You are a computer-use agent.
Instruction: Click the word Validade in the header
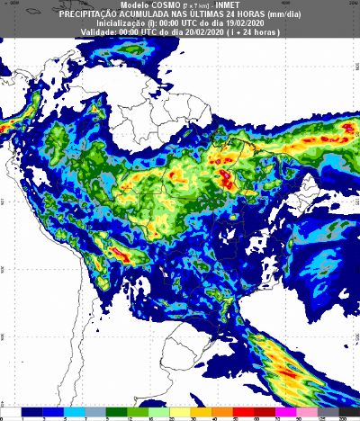click(x=99, y=32)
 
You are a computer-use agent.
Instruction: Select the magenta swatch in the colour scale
click(x=292, y=410)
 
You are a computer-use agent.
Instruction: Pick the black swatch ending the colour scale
click(x=353, y=410)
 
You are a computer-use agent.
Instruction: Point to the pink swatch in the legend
click(x=313, y=410)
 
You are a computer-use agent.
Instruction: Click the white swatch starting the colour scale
click(x=11, y=410)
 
